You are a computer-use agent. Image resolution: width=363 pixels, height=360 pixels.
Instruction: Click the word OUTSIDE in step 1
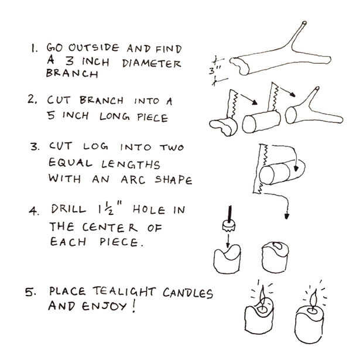coord(94,48)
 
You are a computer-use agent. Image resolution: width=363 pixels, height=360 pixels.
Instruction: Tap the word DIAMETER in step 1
coord(152,63)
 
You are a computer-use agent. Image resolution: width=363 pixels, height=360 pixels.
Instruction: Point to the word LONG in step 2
coord(115,116)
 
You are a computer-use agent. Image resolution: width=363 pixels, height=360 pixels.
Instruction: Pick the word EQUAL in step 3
coord(70,163)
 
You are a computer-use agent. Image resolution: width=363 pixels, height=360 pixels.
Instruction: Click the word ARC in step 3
coord(133,180)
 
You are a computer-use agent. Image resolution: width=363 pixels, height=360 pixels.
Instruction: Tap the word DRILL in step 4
coord(69,209)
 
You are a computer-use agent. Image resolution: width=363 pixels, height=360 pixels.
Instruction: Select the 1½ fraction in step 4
coord(107,208)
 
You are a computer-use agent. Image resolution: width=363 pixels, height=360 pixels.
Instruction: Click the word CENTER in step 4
coord(110,227)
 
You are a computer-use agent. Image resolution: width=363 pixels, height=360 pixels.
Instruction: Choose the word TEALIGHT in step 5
coord(124,292)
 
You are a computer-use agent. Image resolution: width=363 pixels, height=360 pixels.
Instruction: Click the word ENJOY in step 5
coord(104,306)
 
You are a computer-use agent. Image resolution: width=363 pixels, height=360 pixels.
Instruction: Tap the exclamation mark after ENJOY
coord(133,306)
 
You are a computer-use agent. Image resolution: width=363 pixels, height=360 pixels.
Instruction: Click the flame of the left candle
coord(262,297)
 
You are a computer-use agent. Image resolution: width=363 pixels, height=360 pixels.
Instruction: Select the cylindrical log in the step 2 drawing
coord(261,122)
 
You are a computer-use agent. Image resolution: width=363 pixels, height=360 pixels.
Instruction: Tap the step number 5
coord(30,292)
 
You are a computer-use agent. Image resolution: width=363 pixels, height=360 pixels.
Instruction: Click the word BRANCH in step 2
coord(101,101)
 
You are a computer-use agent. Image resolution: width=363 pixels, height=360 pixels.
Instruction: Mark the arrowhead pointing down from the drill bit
coord(228,245)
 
